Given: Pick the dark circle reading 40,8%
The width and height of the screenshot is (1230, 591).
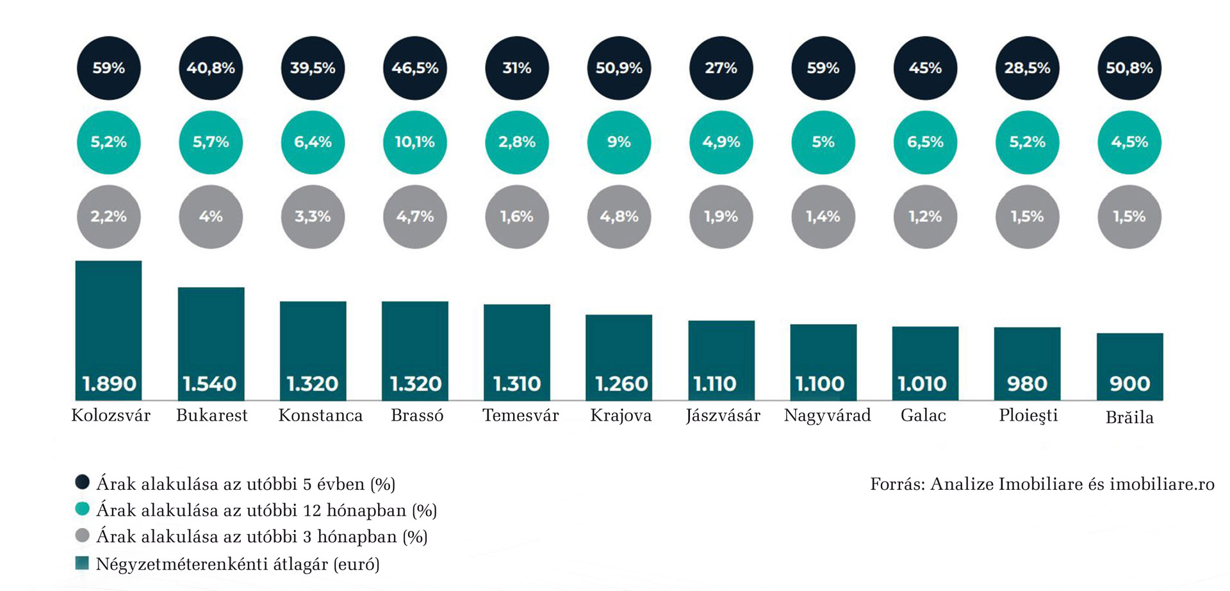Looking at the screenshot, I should point(211,68).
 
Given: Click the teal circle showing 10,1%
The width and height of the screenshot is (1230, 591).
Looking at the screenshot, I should point(414,142).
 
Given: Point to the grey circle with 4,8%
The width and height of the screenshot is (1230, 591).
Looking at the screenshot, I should point(619,216).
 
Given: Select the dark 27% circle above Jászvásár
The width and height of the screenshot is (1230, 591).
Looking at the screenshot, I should point(721,68).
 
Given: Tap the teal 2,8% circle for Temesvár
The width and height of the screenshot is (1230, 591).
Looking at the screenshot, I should point(517,142).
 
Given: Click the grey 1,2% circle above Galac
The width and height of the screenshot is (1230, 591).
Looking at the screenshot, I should point(925,216).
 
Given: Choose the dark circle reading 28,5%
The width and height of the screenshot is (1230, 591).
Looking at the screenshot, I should point(1027,68).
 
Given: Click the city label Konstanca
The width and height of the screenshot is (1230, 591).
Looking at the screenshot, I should point(320,416).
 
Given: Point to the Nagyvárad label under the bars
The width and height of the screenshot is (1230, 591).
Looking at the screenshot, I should point(827,416).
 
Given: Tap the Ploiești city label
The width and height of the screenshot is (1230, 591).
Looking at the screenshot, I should point(1028,416).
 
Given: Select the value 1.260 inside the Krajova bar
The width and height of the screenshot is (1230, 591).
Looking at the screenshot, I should point(621,384).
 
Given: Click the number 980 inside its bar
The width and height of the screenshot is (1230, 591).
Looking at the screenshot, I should point(1027,384).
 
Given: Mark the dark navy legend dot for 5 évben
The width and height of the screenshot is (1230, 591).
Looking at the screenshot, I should point(82,482).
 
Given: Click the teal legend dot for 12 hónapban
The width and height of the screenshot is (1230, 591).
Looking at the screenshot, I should point(82,509).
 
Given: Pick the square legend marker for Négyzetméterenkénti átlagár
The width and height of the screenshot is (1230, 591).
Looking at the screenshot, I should point(82,563).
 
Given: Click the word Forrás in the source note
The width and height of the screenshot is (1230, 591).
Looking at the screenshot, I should point(896,484).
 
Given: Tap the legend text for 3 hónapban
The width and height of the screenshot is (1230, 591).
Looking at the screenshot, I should point(261,537).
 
